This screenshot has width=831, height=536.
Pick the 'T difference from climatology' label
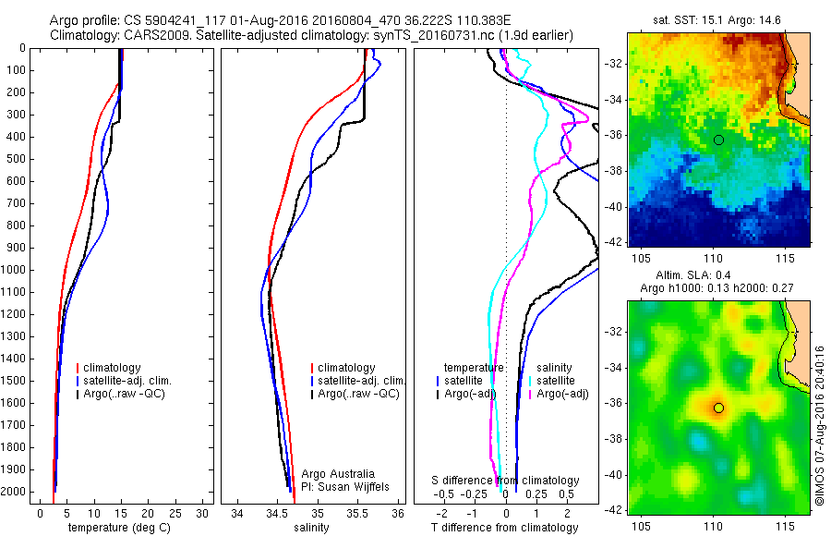(x=505, y=528)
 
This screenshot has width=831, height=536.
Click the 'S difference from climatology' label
(x=506, y=481)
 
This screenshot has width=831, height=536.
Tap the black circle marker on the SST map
(x=718, y=140)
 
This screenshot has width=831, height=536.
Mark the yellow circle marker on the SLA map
(x=718, y=408)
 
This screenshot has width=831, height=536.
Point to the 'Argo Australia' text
(x=338, y=473)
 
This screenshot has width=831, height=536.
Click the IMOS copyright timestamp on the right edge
(x=819, y=425)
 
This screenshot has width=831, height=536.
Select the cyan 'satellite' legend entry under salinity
(x=556, y=381)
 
